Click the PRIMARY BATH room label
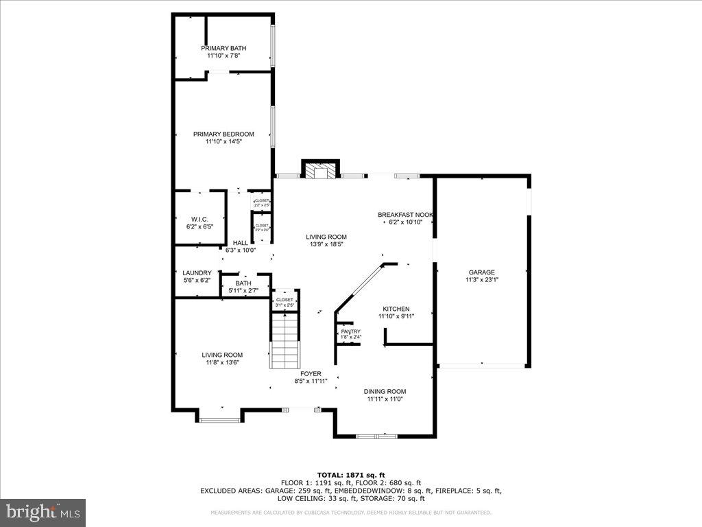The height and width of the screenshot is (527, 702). click(223, 48)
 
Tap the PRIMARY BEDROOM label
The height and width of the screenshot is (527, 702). click(223, 134)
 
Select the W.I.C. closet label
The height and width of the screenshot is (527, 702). click(199, 220)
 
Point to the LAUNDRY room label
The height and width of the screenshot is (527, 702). click(197, 273)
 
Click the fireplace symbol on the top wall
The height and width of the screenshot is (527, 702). click(321, 171)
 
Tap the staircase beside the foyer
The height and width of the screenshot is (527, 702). click(285, 340)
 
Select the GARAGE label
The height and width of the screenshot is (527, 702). click(481, 272)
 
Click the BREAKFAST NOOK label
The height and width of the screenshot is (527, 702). click(406, 215)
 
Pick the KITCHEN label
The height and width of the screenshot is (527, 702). click(396, 309)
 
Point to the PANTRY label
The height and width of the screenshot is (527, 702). click(350, 331)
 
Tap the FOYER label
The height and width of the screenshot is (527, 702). click(311, 374)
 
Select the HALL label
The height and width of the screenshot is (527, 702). click(240, 243)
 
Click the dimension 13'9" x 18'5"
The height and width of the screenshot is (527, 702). click(326, 244)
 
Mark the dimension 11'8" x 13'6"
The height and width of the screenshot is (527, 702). click(221, 362)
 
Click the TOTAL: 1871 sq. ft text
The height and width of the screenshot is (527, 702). click(350, 475)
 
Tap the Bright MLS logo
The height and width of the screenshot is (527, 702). click(43, 512)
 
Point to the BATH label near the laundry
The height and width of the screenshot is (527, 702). click(243, 283)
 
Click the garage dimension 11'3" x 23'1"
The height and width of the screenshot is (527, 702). click(481, 280)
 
